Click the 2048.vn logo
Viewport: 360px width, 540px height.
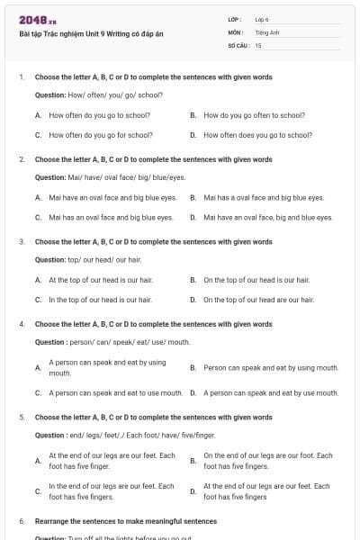point(38,20)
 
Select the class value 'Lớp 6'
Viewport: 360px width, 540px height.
point(262,18)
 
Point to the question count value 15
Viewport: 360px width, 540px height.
point(258,44)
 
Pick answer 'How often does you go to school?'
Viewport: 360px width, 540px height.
point(257,135)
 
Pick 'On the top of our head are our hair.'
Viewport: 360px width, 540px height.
point(258,300)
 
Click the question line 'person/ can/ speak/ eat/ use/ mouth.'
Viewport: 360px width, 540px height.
point(112,342)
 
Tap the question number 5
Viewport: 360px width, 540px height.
point(22,418)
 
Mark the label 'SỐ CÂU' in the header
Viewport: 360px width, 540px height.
point(238,44)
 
